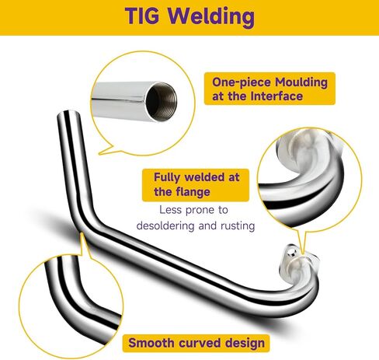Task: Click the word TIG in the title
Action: tap(142, 16)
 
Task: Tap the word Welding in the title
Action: tap(211, 17)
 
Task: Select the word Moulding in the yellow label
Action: tap(301, 83)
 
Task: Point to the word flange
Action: tap(193, 193)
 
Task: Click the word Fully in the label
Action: tap(167, 178)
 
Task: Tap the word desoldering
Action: tap(165, 225)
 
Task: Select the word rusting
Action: tap(238, 225)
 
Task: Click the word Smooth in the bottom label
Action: tap(151, 343)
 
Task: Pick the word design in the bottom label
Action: tap(245, 344)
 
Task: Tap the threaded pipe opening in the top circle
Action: tap(162, 101)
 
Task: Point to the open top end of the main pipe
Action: tap(68, 114)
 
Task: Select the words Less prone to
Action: tap(193, 210)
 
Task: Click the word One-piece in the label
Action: tap(242, 82)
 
